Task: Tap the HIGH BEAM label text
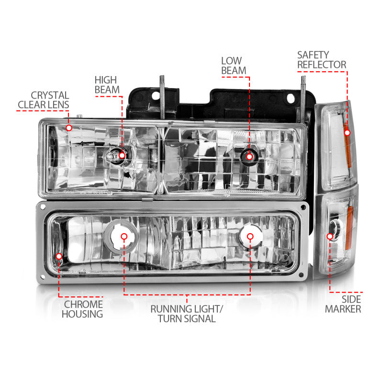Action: (105, 85)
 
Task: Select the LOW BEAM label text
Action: (234, 66)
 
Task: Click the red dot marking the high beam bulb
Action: (122, 155)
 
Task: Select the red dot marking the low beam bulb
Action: (249, 155)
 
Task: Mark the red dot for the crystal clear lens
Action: (69, 128)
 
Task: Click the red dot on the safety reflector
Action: (347, 132)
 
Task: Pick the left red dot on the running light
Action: (124, 237)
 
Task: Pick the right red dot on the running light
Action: (249, 237)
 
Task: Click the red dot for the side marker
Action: (330, 237)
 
